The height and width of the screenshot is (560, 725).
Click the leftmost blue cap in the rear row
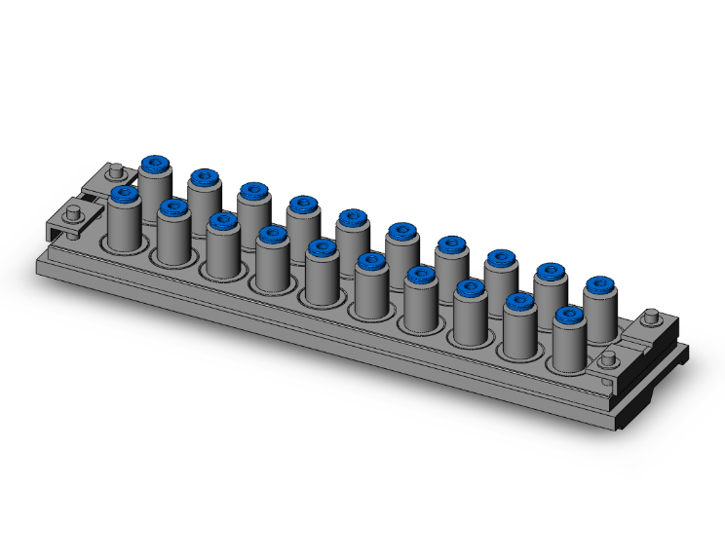click(154, 165)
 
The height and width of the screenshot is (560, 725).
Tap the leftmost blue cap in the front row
click(124, 194)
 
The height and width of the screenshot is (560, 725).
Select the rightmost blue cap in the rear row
click(600, 286)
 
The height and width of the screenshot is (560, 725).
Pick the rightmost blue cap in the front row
click(570, 316)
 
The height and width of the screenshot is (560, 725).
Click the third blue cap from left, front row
click(223, 221)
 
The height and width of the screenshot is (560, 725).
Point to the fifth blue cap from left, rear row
click(353, 218)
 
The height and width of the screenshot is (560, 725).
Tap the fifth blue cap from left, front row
click(322, 248)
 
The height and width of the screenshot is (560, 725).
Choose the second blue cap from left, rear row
click(204, 178)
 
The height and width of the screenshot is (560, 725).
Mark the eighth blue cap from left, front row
click(471, 288)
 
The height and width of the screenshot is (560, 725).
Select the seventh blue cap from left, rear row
click(452, 245)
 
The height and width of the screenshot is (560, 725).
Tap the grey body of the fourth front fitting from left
click(272, 267)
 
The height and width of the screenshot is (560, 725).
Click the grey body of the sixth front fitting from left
click(371, 294)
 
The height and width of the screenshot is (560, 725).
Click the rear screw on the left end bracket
click(116, 173)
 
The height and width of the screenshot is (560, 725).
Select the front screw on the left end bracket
click(72, 213)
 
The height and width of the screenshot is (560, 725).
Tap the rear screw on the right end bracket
click(652, 317)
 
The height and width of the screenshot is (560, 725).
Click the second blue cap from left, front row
click(173, 207)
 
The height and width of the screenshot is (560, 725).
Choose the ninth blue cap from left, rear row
click(551, 273)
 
